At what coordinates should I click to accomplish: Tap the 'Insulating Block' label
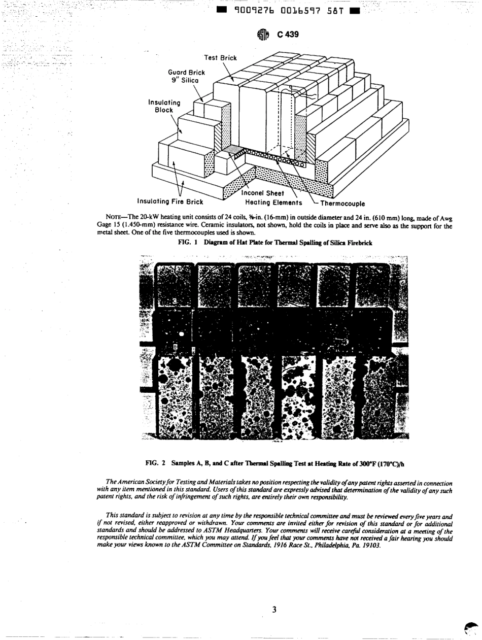[160, 106]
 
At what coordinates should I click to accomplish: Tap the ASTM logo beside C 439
[262, 35]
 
